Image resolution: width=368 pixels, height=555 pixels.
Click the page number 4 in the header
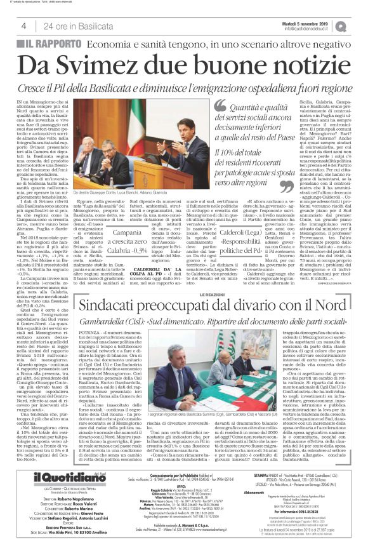click(23, 25)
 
